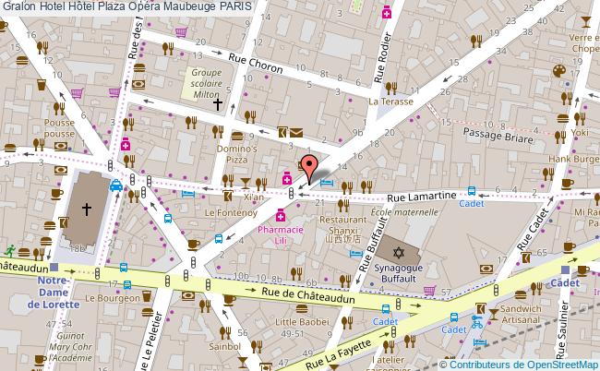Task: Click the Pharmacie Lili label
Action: [291, 233]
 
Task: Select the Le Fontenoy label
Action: [224, 212]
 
